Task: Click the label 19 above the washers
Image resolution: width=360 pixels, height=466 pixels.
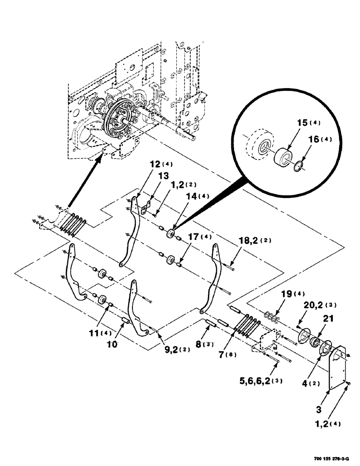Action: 286,295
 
